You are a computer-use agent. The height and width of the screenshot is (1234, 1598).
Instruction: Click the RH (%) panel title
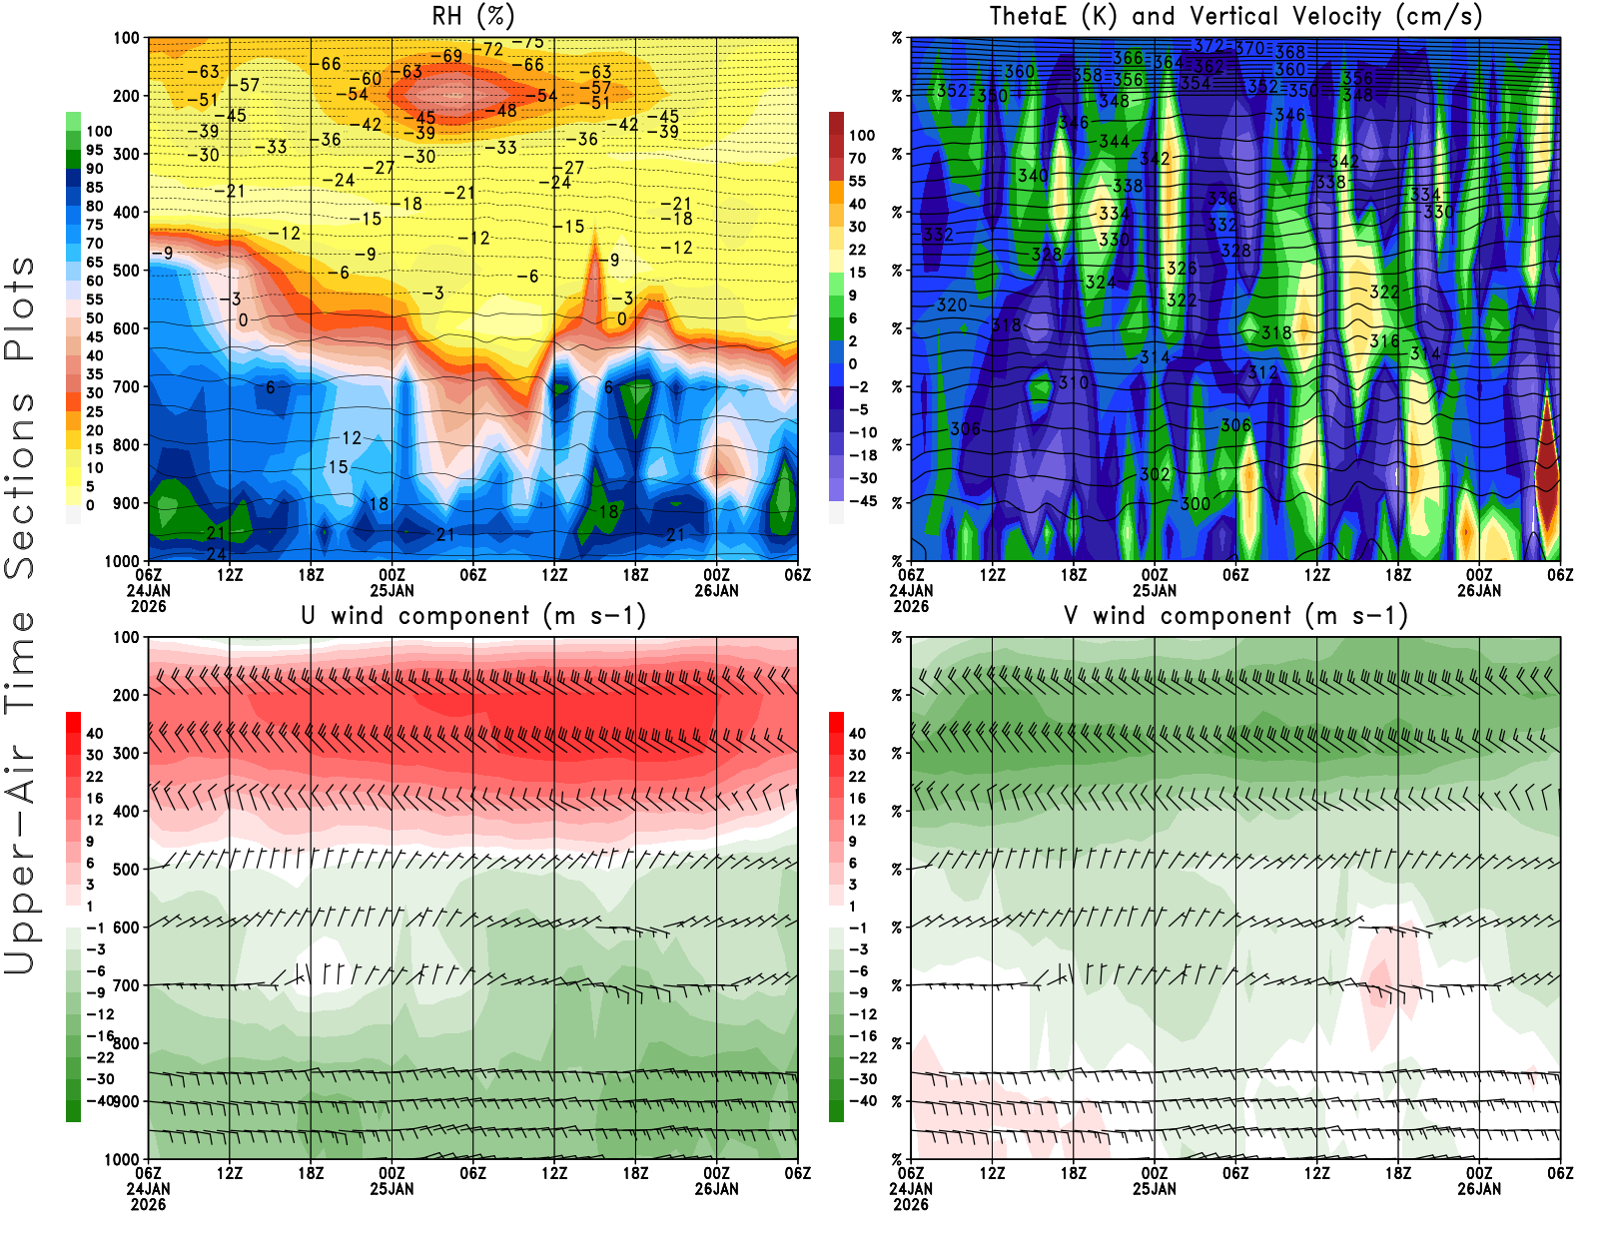[472, 16]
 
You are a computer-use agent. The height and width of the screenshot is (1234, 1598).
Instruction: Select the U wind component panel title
[472, 615]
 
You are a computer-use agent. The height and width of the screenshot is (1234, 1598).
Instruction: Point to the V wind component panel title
[1235, 615]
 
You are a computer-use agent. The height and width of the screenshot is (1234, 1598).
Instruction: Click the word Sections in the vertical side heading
[20, 484]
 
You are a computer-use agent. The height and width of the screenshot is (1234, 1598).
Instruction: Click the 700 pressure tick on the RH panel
[127, 386]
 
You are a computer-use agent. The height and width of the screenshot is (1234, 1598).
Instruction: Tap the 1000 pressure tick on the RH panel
[123, 561]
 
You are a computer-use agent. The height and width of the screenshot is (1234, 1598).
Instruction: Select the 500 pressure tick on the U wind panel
[127, 870]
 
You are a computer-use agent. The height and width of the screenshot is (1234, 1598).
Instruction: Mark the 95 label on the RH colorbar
[94, 150]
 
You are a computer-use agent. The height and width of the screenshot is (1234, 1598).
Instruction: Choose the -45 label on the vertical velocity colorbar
[862, 501]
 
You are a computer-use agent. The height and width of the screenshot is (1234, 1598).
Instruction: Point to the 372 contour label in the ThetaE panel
[1208, 45]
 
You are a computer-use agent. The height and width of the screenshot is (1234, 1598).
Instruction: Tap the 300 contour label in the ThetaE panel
[1196, 504]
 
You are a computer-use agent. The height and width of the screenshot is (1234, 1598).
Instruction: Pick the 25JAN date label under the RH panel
[392, 590]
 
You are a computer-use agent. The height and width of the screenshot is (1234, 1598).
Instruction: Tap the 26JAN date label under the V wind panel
[1479, 1189]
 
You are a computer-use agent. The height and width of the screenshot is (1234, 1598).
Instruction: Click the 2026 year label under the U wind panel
[148, 1204]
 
